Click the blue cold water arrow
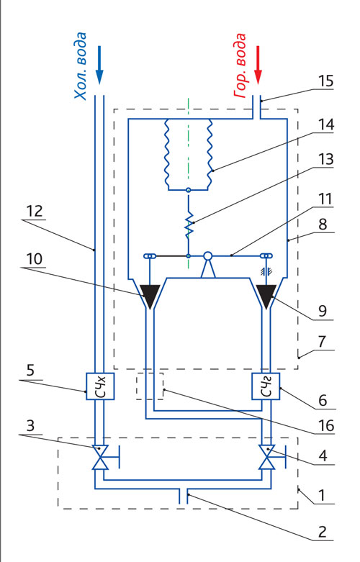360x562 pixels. pyautogui.click(x=99, y=65)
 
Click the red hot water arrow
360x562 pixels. pyautogui.click(x=258, y=65)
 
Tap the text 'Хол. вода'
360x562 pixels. pyautogui.click(x=81, y=66)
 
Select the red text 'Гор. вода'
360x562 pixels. pyautogui.click(x=240, y=66)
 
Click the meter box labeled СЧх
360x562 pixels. pyautogui.click(x=100, y=386)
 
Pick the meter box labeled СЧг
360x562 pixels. pyautogui.click(x=266, y=386)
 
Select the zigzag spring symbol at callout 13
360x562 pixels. pyautogui.click(x=189, y=224)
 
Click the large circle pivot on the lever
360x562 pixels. pyautogui.click(x=207, y=256)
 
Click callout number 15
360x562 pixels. pyautogui.click(x=326, y=81)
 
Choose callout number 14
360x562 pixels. pyautogui.click(x=326, y=124)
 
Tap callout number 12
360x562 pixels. pyautogui.click(x=35, y=211)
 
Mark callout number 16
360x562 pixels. pyautogui.click(x=326, y=426)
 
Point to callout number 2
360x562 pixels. pyautogui.click(x=323, y=532)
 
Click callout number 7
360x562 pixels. pyautogui.click(x=322, y=342)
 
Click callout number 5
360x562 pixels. pyautogui.click(x=30, y=371)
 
